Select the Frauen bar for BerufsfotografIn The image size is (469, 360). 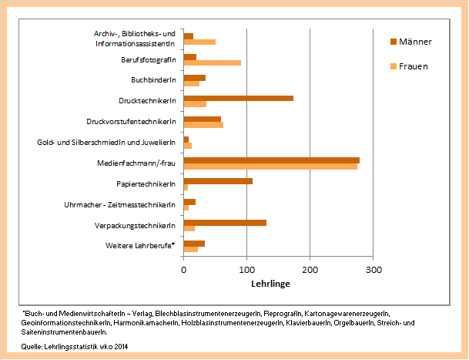(212, 62)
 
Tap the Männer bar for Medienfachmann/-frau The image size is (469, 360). (271, 160)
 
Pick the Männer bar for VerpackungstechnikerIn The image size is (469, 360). (225, 223)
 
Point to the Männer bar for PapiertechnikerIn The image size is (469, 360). (218, 181)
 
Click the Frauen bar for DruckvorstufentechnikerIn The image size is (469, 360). (203, 125)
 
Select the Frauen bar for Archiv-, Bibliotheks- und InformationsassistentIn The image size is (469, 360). (199, 42)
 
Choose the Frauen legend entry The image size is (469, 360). (413, 66)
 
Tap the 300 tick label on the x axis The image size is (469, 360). (373, 271)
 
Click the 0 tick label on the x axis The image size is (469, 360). (183, 271)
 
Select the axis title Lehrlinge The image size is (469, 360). (270, 284)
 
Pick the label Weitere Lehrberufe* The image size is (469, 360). (141, 245)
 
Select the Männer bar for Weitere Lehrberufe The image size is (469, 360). (194, 244)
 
